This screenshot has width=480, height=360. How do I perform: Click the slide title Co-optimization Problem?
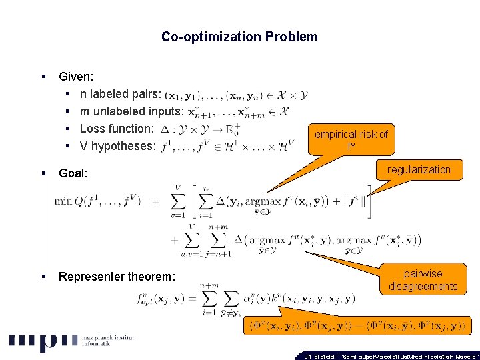pos(239,37)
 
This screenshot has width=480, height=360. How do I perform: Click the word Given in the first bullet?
pos(75,77)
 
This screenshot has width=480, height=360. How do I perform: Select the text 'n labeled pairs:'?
pos(116,95)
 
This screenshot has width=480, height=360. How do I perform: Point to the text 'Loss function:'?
pos(117,129)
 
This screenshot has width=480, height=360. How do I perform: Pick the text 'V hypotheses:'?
pos(117,146)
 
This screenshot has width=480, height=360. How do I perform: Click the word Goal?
pos(73,173)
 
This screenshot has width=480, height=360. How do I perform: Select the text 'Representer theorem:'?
pos(117,277)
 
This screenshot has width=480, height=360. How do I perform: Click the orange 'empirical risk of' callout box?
pos(351,139)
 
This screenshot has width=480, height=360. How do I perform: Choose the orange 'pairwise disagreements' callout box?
pos(423,280)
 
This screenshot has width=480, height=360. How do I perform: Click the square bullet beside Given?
pos(42,77)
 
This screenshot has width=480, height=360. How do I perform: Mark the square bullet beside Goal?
pos(42,173)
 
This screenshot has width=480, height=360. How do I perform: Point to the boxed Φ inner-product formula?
pos(356,326)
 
